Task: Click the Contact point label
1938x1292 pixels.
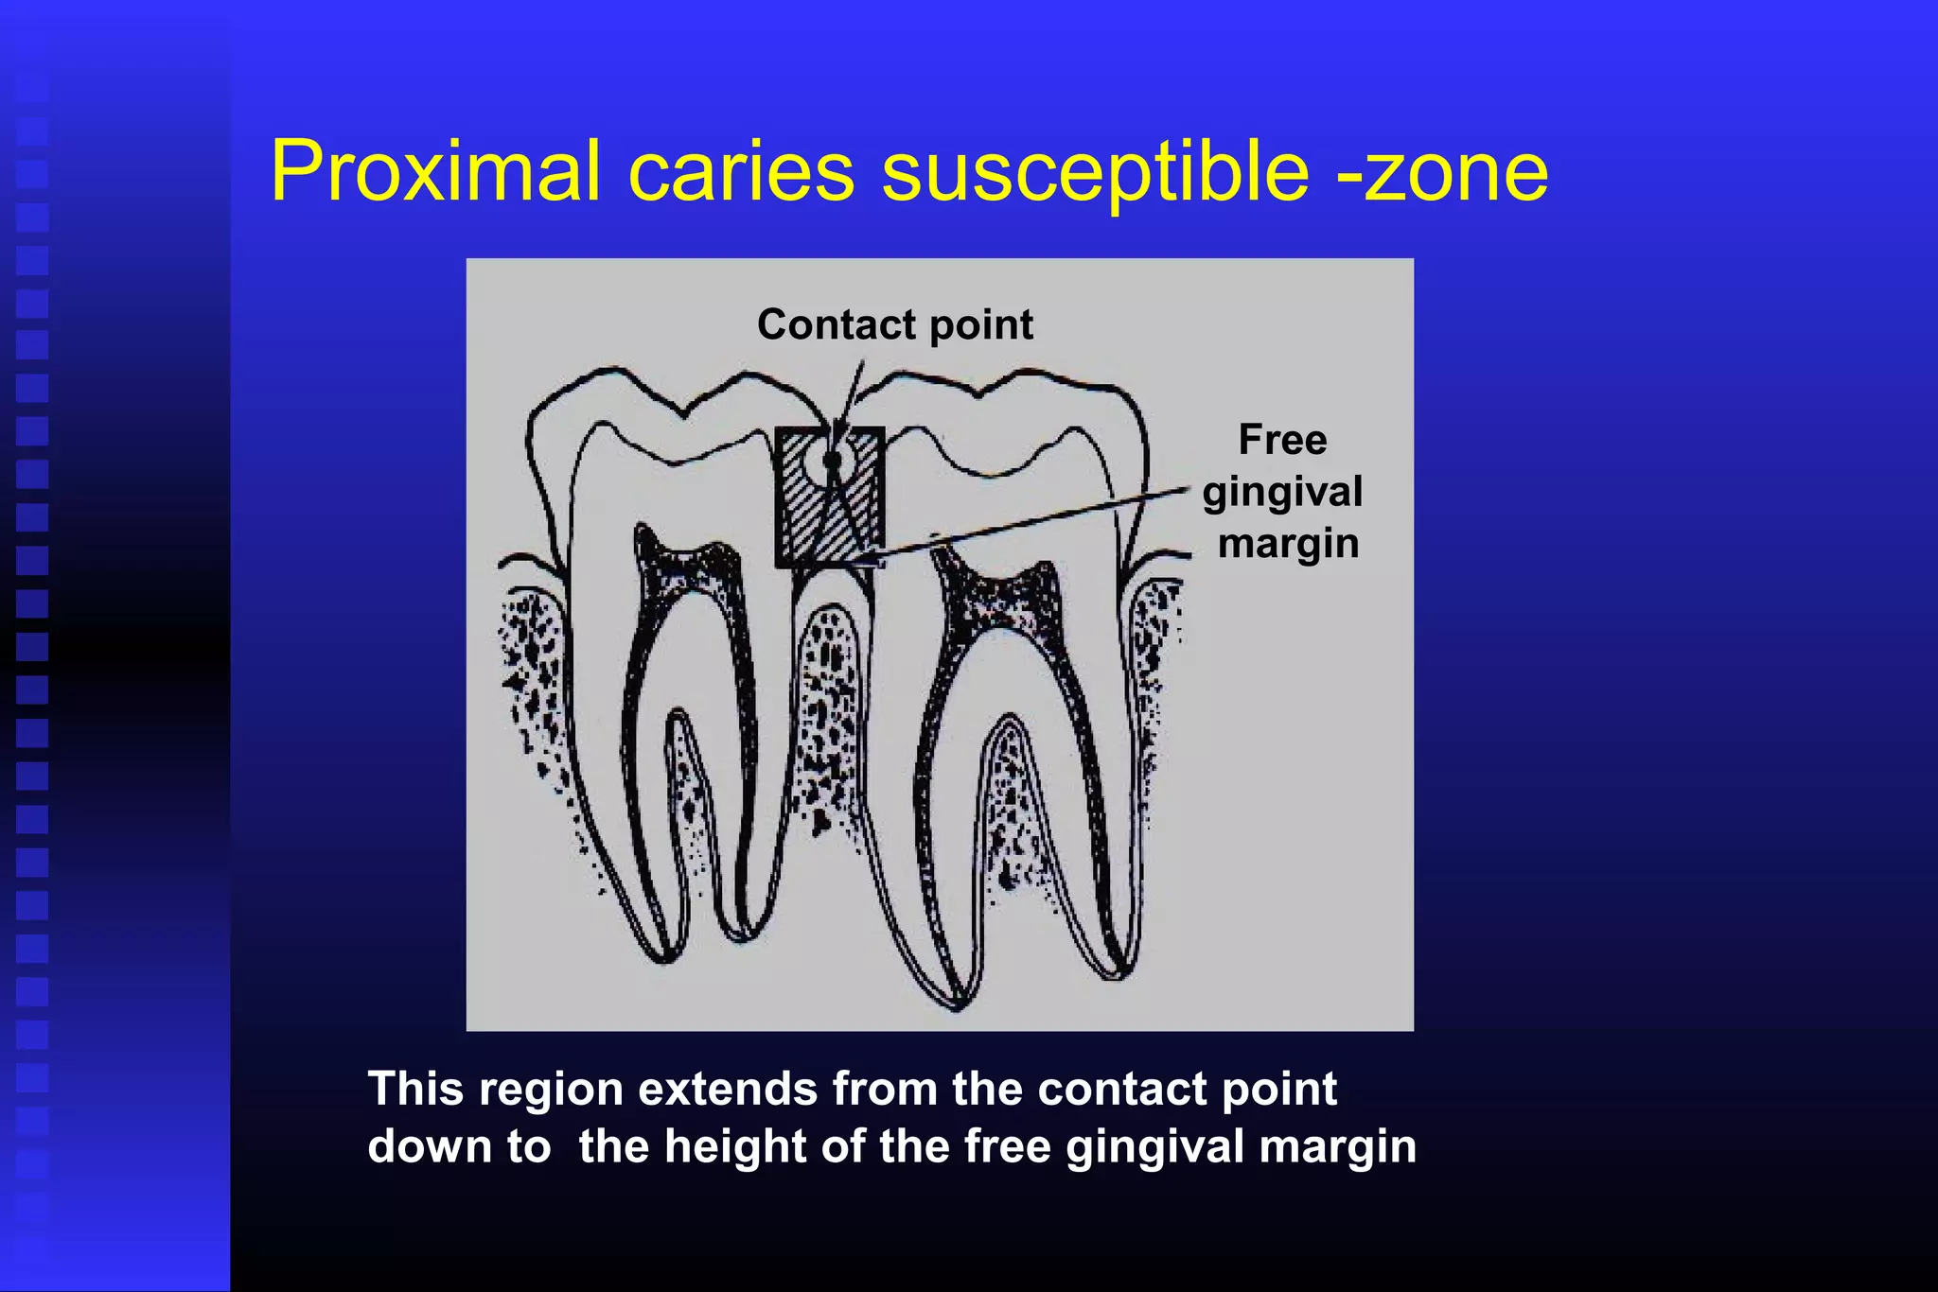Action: click(x=894, y=324)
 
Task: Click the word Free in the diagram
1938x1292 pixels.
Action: click(x=1282, y=440)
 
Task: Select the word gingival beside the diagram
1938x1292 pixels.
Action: click(x=1282, y=493)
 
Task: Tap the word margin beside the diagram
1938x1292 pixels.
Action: click(x=1288, y=544)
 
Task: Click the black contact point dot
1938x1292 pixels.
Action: click(x=833, y=461)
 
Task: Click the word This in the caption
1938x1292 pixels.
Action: click(x=415, y=1089)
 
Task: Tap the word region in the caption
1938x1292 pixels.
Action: click(x=551, y=1089)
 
